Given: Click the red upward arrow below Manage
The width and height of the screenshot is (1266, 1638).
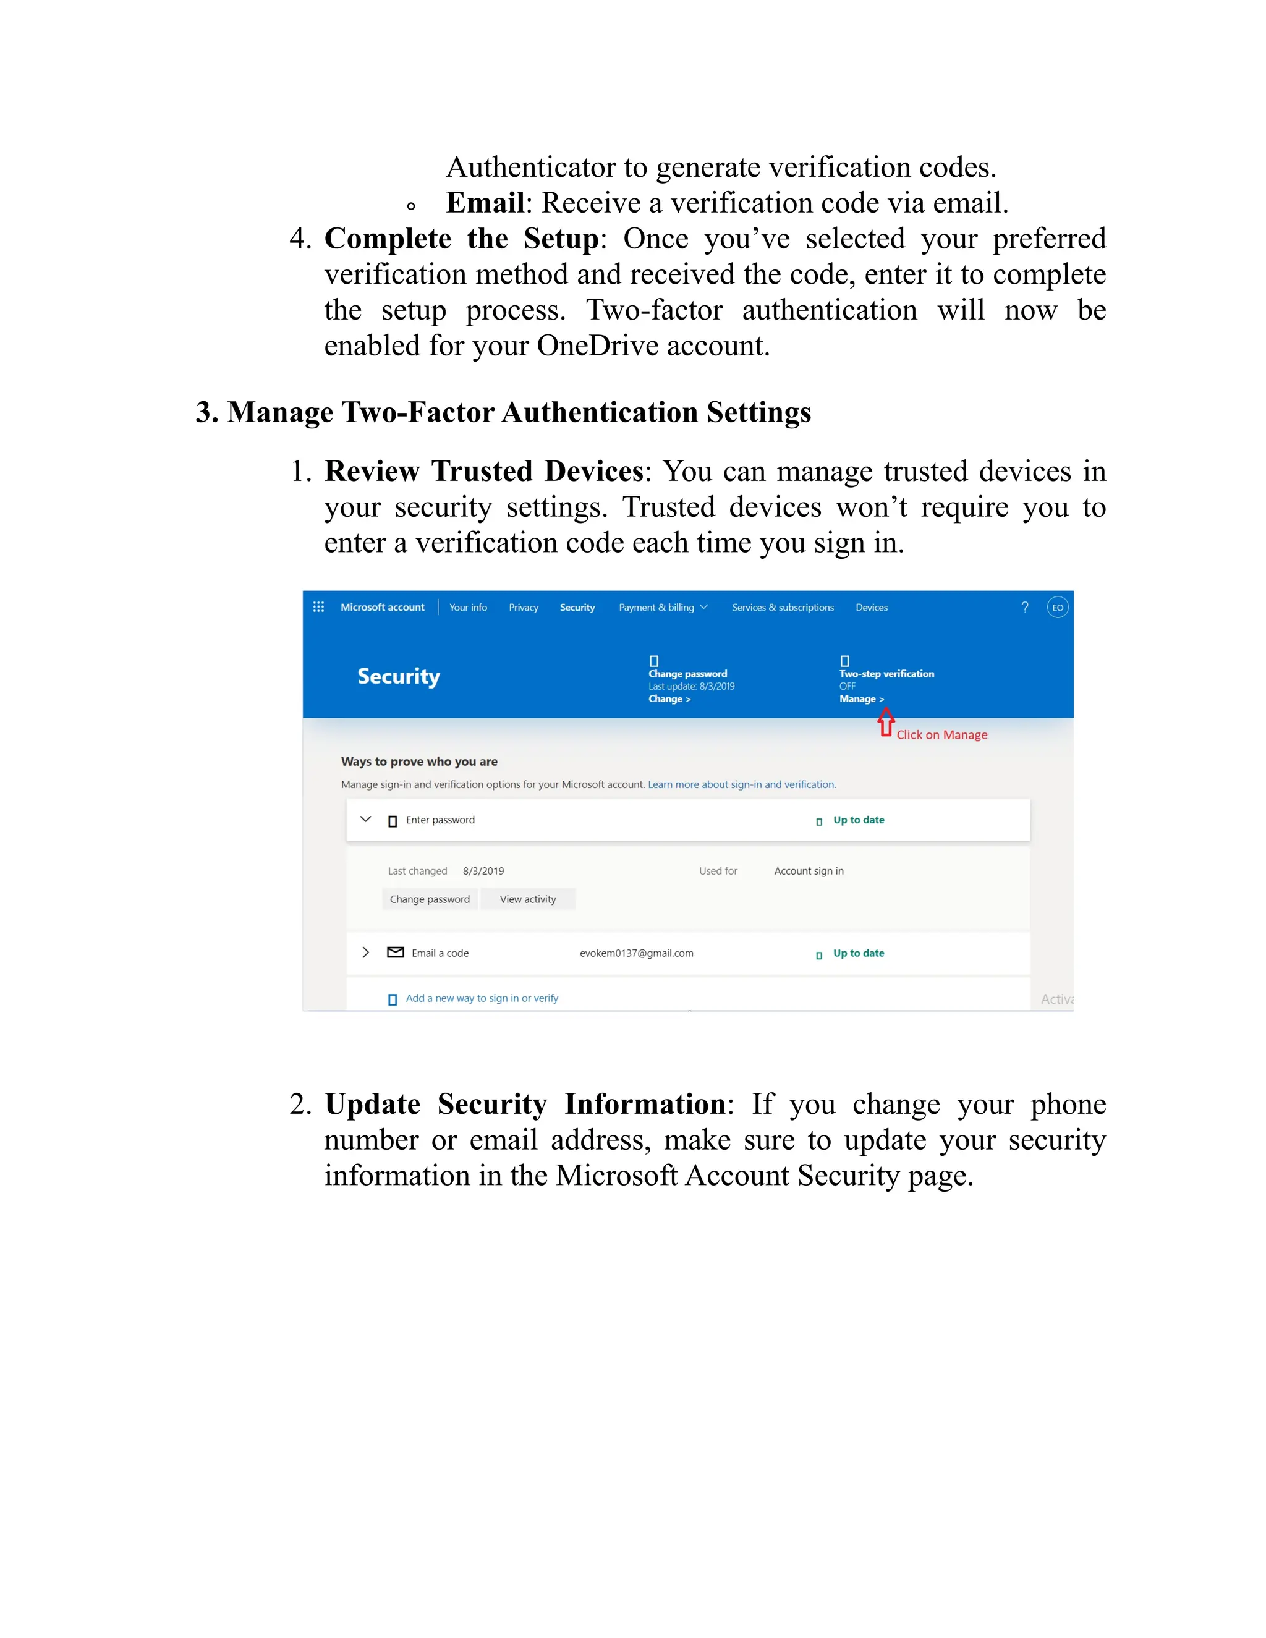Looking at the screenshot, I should coord(886,723).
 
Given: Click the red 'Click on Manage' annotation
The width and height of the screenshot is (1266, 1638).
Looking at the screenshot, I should coord(941,735).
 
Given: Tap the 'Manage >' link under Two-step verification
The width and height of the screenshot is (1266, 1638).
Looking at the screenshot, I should coord(861,699).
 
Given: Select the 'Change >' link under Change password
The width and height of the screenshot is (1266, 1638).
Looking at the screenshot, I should coord(669,699).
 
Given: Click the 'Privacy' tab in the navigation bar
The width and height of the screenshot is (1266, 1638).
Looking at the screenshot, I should coord(524,608).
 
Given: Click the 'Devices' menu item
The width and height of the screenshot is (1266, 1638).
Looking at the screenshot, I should coord(872,608).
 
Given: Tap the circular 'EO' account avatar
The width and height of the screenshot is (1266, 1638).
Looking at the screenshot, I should coord(1058,608).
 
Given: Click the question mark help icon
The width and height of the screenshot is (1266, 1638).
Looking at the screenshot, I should coord(1024,608).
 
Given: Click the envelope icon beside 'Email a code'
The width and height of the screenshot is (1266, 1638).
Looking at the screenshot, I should coord(395,953).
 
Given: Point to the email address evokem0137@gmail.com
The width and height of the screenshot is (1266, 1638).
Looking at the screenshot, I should coord(636,953).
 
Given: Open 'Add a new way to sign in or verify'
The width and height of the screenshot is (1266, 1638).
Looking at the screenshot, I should coord(482,998).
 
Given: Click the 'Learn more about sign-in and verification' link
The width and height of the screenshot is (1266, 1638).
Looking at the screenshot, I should coord(741,784).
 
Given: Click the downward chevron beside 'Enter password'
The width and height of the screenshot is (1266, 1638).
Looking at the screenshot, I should coord(366,819).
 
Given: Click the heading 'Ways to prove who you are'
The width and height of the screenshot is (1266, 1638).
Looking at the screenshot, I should coord(419,762).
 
